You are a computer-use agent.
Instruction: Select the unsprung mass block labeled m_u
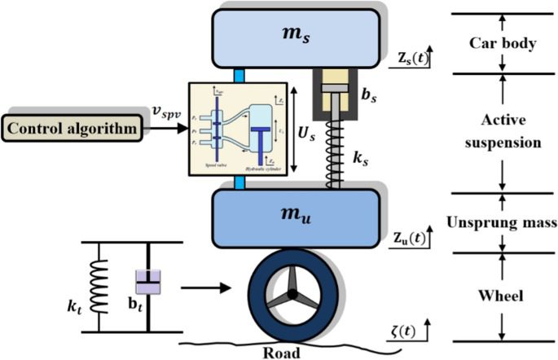(x=296, y=213)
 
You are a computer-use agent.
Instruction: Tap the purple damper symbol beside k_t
(x=147, y=282)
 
